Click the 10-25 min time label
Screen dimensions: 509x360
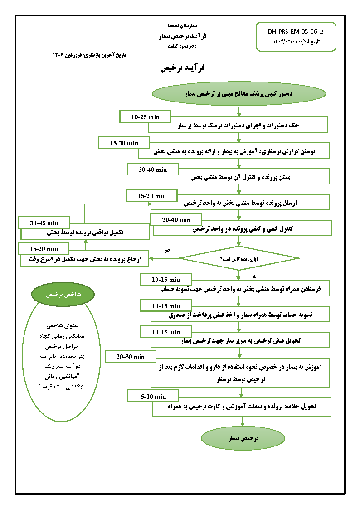(145, 117)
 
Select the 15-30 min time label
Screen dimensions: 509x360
(124, 143)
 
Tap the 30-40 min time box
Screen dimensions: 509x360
(153, 170)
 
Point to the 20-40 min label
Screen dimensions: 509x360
(176, 220)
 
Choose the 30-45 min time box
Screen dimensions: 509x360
(44, 223)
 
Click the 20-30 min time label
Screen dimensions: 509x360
(130, 357)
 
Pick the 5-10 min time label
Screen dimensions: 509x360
(153, 397)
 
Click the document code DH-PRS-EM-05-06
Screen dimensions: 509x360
(292, 32)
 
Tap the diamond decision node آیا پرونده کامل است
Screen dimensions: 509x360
(239, 258)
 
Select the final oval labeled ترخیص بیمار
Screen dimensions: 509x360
(243, 438)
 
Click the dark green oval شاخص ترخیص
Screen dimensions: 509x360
(63, 294)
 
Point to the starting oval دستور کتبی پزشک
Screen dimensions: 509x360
(239, 94)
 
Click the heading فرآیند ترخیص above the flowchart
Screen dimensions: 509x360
(182, 68)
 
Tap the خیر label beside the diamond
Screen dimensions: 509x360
(167, 250)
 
